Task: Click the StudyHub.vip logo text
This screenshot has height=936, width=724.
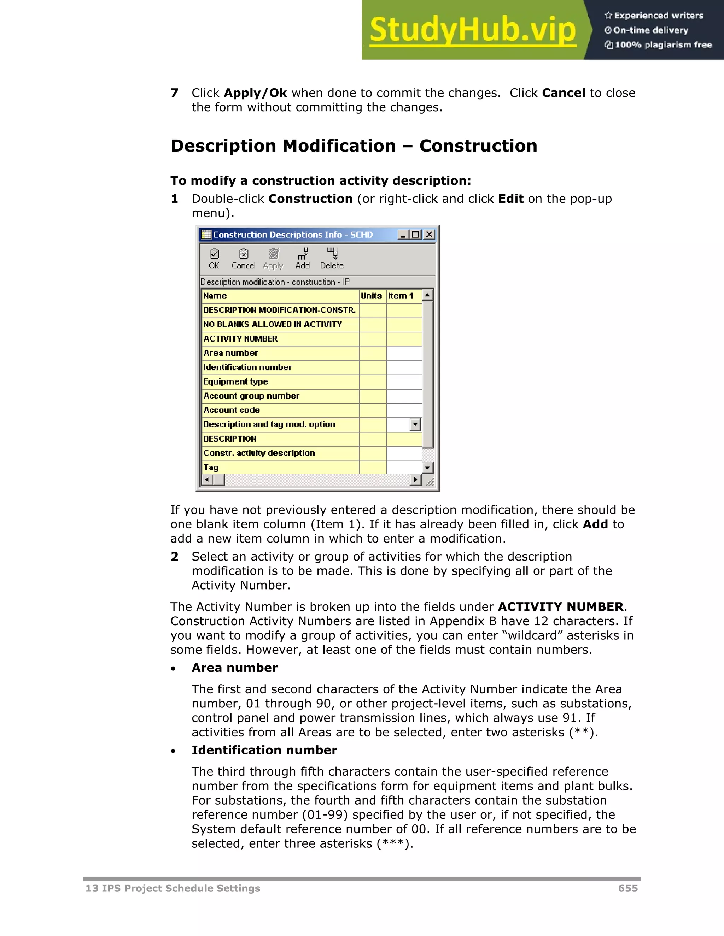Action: [472, 30]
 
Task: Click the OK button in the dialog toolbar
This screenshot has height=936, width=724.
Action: [214, 259]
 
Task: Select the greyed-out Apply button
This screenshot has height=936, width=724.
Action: [273, 259]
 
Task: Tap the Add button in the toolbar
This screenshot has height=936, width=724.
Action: [302, 259]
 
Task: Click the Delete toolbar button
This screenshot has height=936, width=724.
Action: [332, 259]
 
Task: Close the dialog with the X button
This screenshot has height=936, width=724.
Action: [429, 235]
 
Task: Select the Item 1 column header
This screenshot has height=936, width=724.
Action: [401, 296]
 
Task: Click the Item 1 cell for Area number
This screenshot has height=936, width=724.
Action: [404, 353]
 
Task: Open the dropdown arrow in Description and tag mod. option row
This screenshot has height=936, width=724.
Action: [415, 425]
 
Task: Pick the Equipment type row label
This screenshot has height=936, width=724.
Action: [235, 381]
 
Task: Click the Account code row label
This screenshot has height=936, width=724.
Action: [232, 410]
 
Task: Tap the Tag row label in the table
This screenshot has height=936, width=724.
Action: [211, 467]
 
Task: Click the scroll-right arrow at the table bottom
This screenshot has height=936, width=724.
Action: [415, 480]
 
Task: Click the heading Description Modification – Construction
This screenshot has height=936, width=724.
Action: [354, 146]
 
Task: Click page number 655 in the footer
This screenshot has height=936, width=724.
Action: [627, 888]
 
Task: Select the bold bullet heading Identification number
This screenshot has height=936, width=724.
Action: [264, 750]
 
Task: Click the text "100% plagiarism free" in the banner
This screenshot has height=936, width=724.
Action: [663, 45]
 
